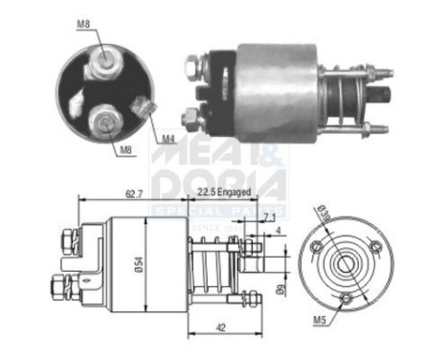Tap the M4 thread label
pyautogui.click(x=169, y=139)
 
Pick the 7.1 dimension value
pyautogui.click(x=267, y=219)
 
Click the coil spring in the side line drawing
pyautogui.click(x=212, y=263)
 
